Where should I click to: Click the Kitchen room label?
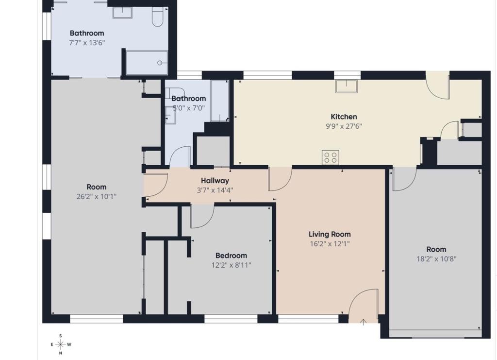tap(344, 117)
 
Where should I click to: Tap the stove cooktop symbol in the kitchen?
tap(331, 157)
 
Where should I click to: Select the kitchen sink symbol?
tap(347, 86)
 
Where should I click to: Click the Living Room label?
tap(330, 234)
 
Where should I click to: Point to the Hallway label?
tap(215, 181)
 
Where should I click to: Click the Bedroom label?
tap(231, 256)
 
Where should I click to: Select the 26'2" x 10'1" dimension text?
tap(97, 197)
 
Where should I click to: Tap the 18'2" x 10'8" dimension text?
tap(436, 259)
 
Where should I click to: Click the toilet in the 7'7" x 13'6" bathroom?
tap(157, 16)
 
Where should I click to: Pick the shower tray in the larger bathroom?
tap(147, 63)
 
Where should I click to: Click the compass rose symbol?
tap(61, 344)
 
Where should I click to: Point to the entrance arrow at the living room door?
tap(363, 322)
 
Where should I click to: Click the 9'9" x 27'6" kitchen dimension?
tap(344, 126)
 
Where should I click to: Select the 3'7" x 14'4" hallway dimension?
tap(215, 190)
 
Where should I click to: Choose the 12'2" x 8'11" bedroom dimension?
tap(232, 265)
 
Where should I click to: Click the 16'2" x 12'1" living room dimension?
tap(330, 244)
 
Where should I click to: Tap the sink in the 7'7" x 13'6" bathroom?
tap(122, 12)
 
